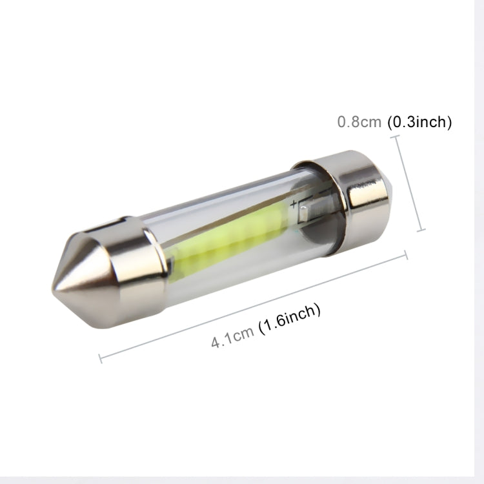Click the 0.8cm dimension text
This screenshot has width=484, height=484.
(359, 122)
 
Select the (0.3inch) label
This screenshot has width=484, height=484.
(419, 122)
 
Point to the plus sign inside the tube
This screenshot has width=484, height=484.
(294, 205)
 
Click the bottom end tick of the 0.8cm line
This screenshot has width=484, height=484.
(421, 230)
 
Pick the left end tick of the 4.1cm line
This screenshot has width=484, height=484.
(100, 357)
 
